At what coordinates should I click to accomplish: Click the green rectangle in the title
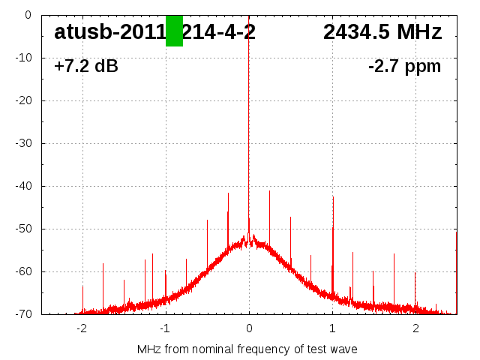coord(174,31)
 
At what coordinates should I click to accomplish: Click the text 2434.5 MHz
coord(382,32)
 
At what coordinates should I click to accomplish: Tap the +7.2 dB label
coord(86,67)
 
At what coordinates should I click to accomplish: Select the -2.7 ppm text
coord(404,67)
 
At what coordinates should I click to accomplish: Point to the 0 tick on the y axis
coord(27,15)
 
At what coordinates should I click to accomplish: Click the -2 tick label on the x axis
coord(81,328)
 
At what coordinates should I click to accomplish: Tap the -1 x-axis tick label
coord(165,328)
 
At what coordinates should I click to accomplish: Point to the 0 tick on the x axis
coord(249,328)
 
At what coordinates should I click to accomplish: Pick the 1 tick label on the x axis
coord(332,328)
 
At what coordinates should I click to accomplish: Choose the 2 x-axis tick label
coord(415,328)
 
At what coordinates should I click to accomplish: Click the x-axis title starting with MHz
coord(247,349)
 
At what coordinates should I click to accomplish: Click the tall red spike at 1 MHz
coord(333,225)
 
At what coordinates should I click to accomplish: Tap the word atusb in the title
coord(78,32)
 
